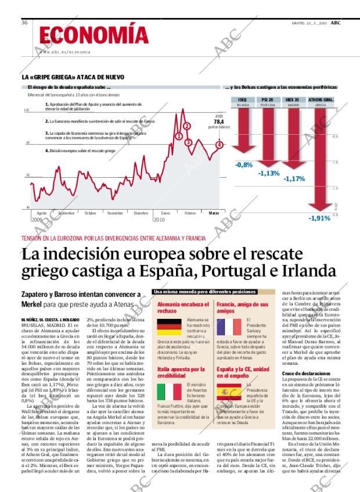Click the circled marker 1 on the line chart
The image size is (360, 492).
coord(179,137)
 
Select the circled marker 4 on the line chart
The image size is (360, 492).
coord(219,145)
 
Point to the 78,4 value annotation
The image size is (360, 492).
coord(218,121)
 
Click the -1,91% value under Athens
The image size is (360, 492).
coord(319,218)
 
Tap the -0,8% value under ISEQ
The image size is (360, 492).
coord(243,165)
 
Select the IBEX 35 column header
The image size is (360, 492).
coord(293,100)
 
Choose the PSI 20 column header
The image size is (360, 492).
coord(268,100)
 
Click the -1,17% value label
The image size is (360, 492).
coord(294,179)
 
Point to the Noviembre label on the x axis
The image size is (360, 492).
coord(115,213)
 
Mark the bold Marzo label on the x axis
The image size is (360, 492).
coord(214,213)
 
